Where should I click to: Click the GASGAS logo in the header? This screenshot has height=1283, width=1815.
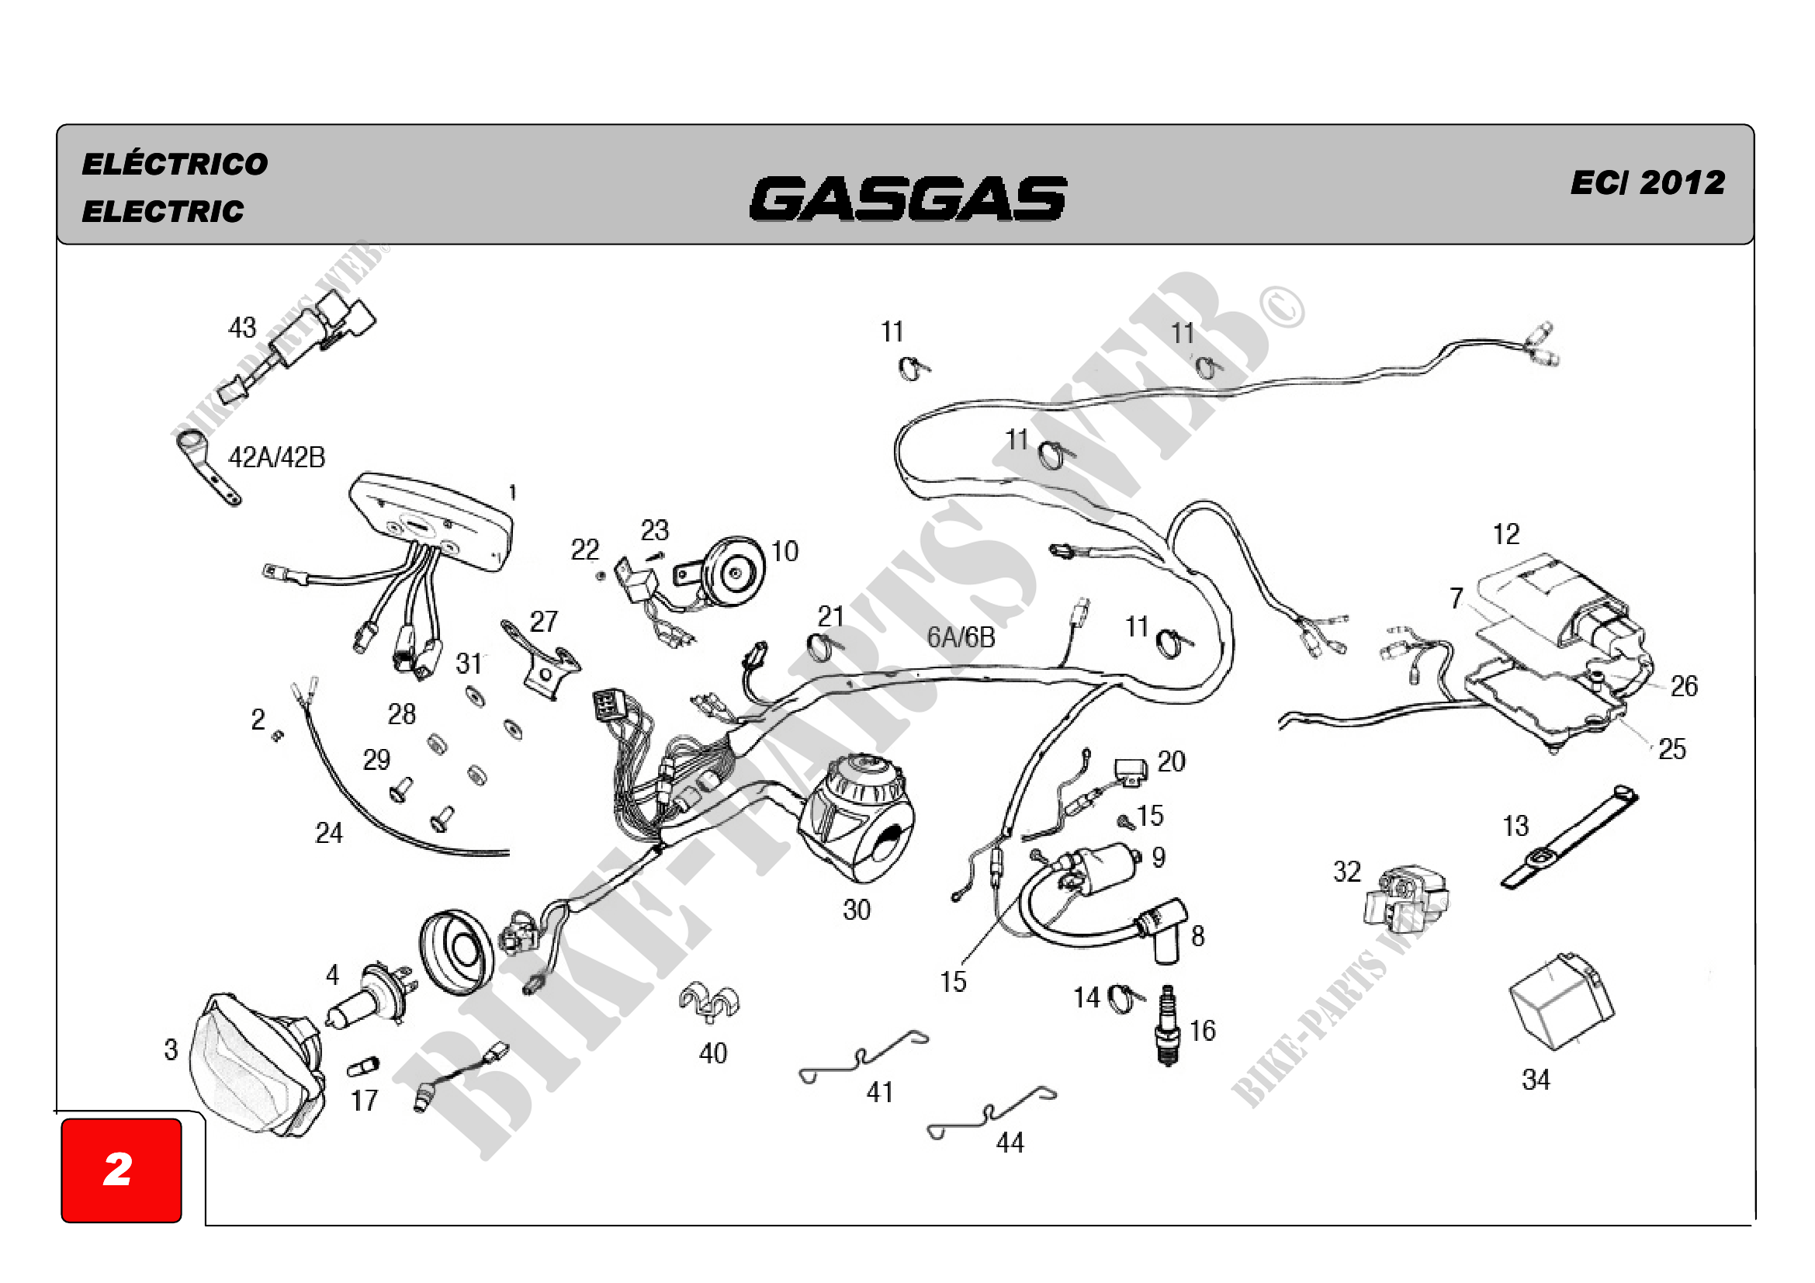[x=909, y=199]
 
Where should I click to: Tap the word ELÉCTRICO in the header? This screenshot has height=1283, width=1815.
[x=175, y=164]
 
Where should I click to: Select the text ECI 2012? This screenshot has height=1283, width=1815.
[x=1648, y=182]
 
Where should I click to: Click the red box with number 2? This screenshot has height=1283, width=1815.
[x=122, y=1170]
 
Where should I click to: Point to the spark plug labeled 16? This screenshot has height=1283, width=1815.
[x=1168, y=1025]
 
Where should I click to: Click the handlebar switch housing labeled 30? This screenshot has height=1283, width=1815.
[x=857, y=818]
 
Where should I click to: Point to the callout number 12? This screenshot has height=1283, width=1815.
[x=1506, y=534]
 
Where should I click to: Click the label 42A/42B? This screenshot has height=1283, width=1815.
[x=277, y=457]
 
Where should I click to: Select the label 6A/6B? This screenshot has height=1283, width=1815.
[x=961, y=637]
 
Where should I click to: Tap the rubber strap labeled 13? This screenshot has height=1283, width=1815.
[x=1569, y=837]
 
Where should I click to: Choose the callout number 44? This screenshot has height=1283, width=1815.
[x=1010, y=1143]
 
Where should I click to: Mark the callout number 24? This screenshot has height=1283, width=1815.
[x=329, y=832]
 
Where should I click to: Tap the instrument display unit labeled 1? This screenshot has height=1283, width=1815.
[x=431, y=521]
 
